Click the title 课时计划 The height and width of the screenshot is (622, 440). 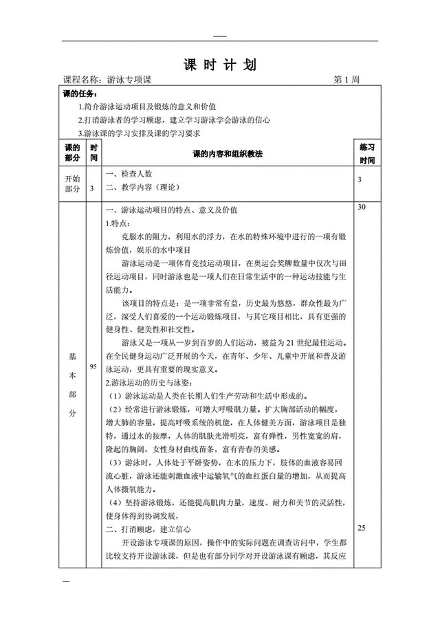220,65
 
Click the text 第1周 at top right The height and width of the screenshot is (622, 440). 346,80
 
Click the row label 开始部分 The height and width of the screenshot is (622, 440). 72,184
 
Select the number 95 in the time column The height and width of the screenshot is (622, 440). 93,368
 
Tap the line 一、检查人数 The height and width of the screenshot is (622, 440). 128,175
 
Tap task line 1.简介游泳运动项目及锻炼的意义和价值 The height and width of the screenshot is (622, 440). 148,107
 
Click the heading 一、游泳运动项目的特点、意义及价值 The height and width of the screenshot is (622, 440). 170,210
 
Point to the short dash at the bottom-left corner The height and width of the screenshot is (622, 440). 67,582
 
